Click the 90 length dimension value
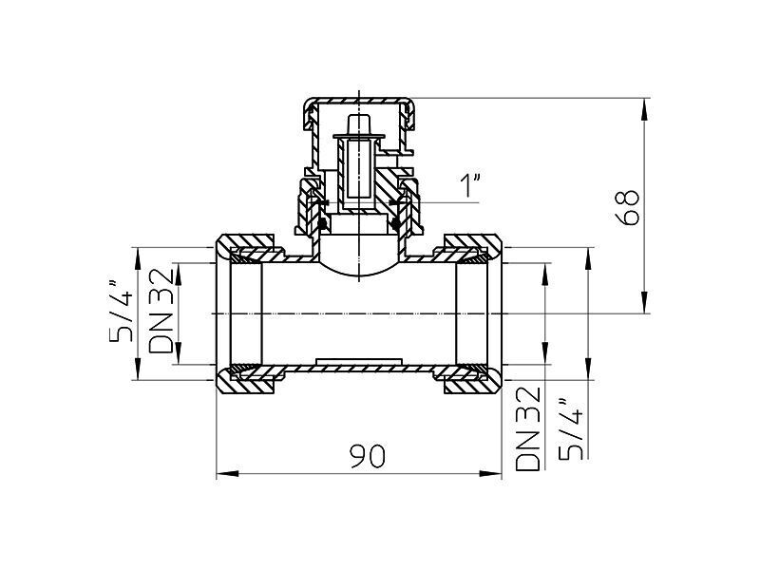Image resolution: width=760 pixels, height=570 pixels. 367,456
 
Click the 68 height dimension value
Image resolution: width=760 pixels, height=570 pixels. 629,207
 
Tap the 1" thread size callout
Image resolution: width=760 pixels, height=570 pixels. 470,186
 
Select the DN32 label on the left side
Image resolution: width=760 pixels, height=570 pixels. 161,311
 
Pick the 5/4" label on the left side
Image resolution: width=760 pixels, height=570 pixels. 122,311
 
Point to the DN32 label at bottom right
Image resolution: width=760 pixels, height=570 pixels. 527,428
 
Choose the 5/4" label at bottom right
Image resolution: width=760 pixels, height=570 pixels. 570,429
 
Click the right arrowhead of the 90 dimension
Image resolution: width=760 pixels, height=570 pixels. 490,473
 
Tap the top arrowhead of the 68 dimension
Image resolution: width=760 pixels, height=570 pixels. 644,109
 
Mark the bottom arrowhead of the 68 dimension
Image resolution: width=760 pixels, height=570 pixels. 644,302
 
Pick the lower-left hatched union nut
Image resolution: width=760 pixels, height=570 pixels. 245,382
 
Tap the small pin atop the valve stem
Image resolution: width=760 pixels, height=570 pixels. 359,123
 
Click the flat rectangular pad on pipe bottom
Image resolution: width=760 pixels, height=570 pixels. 359,362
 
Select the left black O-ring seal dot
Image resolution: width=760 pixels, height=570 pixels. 320,224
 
